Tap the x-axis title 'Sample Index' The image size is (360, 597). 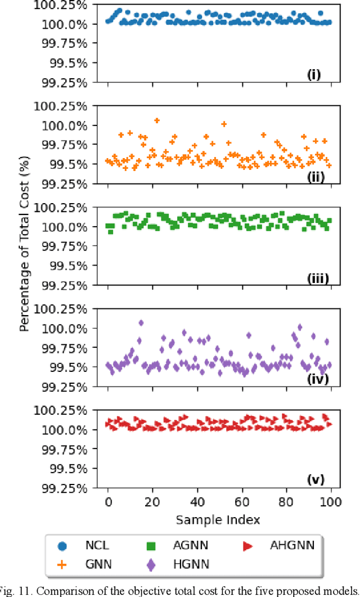coord(218,519)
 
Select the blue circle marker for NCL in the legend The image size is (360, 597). coord(63,545)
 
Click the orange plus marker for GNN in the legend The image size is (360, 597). coord(63,564)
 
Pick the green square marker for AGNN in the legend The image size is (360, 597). coord(151,545)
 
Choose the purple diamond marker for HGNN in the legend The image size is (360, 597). coord(151,564)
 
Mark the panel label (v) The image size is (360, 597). coord(315,480)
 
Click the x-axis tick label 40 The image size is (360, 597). coord(197,501)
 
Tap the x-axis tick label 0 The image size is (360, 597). coord(108,501)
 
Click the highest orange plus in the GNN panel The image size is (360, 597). coord(157,120)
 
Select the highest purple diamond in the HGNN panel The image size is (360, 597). coord(141,323)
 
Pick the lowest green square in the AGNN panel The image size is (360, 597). coord(110,231)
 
